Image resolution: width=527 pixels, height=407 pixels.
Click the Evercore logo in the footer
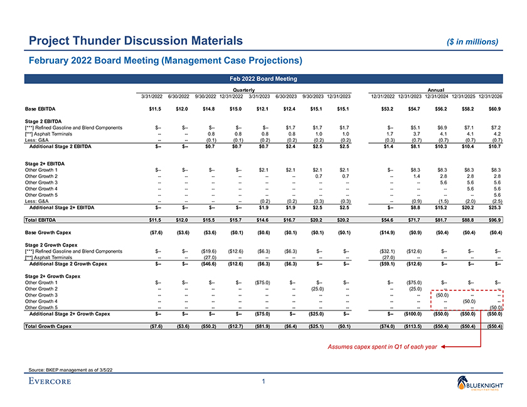coord(49,381)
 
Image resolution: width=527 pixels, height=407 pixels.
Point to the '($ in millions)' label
coord(469,42)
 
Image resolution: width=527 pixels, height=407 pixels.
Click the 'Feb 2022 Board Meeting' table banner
coord(263,78)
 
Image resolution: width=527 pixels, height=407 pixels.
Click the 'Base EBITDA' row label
coord(40,109)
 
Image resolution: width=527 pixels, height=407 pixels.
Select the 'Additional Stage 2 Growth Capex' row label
coord(69,263)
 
